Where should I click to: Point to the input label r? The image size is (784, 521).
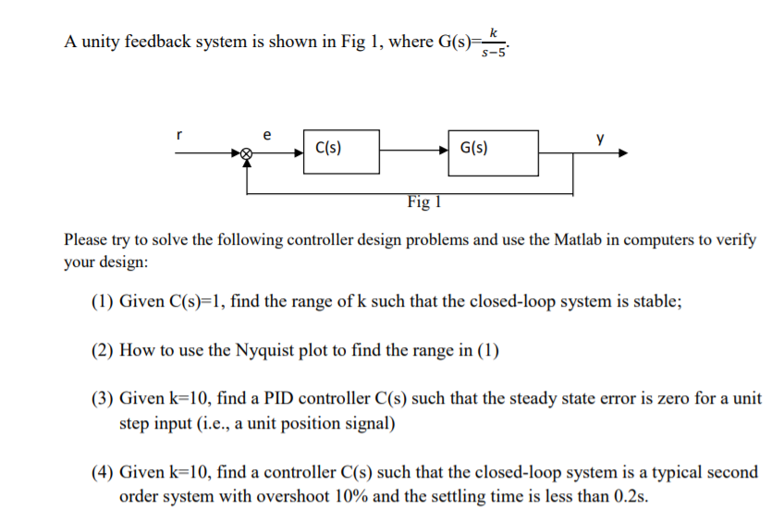(179, 135)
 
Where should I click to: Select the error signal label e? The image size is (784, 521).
(267, 135)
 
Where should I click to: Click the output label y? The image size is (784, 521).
(600, 138)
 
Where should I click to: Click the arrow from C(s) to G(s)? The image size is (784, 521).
(414, 150)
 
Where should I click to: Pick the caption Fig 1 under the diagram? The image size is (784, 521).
(424, 201)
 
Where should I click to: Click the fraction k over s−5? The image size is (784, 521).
(494, 43)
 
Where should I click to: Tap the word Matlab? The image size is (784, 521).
(578, 240)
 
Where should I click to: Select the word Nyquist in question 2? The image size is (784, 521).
(264, 351)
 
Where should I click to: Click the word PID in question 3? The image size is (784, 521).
(278, 398)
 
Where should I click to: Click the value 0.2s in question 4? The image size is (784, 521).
(629, 496)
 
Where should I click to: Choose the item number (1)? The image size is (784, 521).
(102, 301)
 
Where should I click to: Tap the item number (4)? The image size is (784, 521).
(102, 472)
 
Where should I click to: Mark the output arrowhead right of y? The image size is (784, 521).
(623, 152)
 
